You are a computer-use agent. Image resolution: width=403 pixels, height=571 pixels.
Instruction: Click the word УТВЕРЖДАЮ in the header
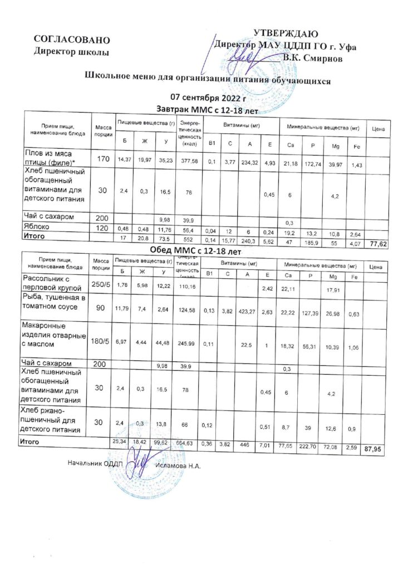coord(286,33)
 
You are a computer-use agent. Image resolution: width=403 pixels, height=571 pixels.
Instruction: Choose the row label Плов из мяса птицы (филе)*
coord(50,157)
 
